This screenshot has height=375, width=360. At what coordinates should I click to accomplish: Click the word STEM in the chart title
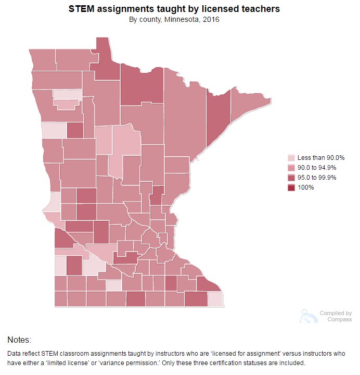[81, 9]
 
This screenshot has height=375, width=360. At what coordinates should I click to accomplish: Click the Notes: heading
[19, 340]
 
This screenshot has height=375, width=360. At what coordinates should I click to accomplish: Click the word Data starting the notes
[15, 353]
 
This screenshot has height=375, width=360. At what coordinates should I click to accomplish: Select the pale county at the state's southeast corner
[215, 299]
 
